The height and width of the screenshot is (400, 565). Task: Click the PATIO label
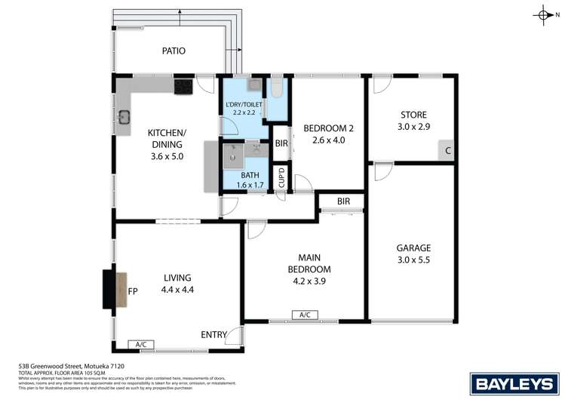(173, 51)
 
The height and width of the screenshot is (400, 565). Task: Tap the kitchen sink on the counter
(125, 117)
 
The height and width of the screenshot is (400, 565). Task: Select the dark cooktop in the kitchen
(183, 88)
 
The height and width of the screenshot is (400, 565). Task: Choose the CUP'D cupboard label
(281, 179)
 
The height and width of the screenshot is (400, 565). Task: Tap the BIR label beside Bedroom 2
(281, 143)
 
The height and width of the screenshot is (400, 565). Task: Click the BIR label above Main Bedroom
(344, 202)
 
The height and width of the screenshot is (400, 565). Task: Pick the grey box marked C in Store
(447, 151)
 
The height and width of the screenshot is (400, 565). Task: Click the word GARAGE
(413, 248)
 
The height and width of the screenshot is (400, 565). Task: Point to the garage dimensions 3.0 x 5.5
(413, 261)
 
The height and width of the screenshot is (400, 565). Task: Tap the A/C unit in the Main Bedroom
(306, 315)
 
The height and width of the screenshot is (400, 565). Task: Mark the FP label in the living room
(133, 291)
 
